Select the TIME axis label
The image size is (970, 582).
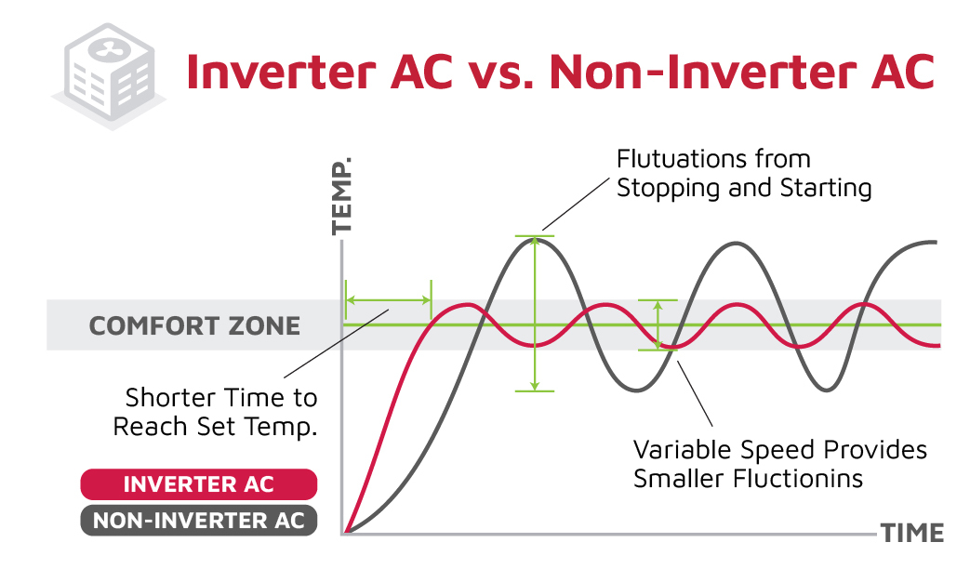click(x=912, y=534)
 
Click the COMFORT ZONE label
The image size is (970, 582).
click(x=194, y=326)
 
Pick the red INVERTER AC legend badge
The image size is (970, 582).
click(x=199, y=484)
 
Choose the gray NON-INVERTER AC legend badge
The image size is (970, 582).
click(x=199, y=521)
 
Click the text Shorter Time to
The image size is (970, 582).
click(x=220, y=398)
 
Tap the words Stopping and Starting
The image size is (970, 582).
click(x=744, y=188)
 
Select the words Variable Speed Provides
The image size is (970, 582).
click(x=779, y=450)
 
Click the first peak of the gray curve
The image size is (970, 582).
click(x=535, y=239)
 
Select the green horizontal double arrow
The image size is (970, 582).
click(x=388, y=300)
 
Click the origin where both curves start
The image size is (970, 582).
click(x=345, y=533)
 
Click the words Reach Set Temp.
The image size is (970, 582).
click(x=215, y=427)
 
